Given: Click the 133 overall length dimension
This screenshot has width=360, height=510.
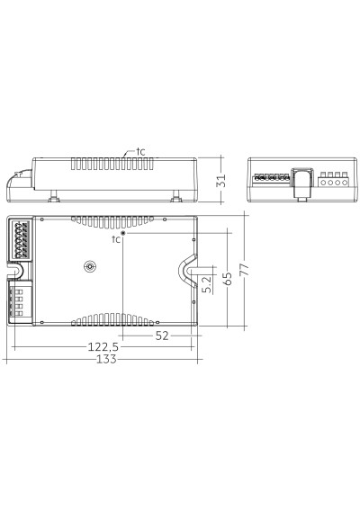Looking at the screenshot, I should coord(105,359).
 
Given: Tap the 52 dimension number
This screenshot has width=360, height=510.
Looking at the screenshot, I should coord(162,335).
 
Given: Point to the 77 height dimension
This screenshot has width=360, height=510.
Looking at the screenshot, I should coord(245,269).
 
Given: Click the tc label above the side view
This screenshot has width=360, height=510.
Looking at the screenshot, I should coord(140,151).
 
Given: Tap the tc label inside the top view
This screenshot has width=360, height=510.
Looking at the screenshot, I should coord(115,240).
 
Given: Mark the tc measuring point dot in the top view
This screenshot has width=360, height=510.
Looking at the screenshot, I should coord(123,232).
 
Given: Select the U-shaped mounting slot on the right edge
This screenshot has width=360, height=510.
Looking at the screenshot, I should coord(187,270).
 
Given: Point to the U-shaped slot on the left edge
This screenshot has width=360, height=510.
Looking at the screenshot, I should coord(20,270).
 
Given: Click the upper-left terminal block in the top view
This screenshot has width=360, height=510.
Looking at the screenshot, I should coord(22,241).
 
